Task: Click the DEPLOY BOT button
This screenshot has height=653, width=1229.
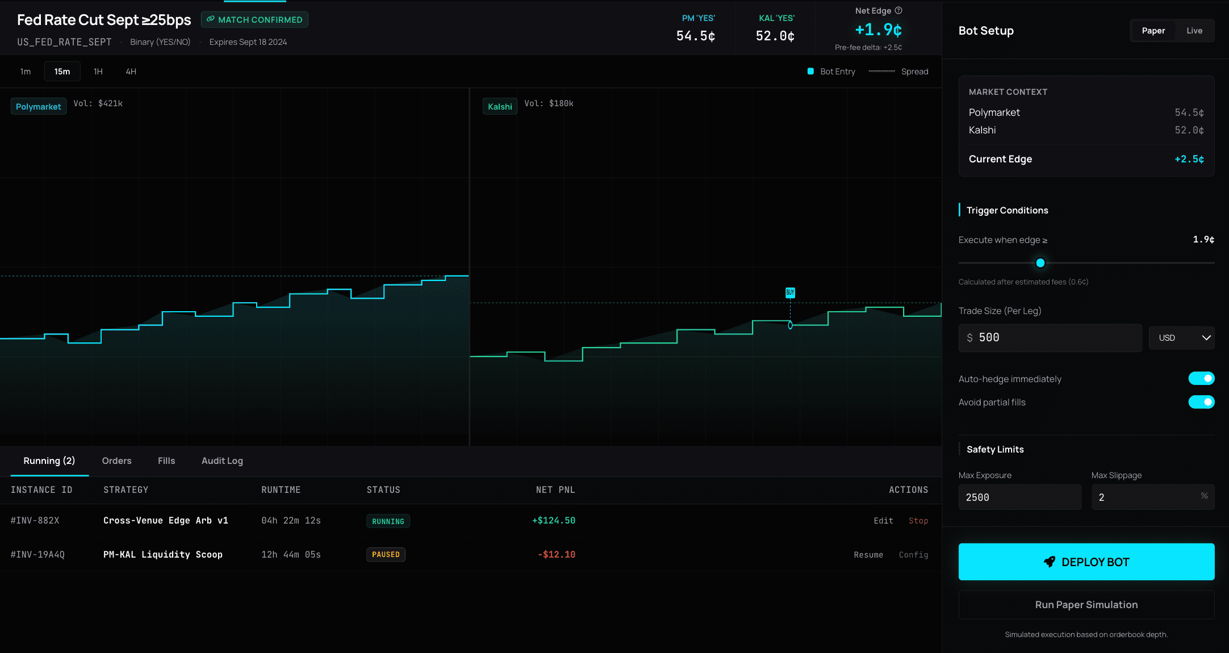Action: coord(1086,562)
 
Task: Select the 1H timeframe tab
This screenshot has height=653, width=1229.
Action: coord(98,72)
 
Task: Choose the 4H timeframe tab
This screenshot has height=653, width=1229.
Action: coord(131,72)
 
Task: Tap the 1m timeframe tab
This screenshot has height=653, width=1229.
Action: coord(26,72)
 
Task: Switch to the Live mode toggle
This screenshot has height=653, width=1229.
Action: coord(1194,31)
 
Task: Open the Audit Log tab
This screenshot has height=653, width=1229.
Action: coord(222,461)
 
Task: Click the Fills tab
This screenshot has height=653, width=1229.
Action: coord(166,461)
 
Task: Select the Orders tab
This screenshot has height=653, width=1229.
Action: coord(116,461)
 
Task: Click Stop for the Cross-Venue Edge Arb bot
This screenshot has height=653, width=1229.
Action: coord(918,521)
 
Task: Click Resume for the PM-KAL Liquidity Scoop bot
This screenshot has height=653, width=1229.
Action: coord(868,555)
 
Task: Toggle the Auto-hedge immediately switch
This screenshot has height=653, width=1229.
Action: coord(1201,379)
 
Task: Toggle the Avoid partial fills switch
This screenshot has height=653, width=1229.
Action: coord(1201,402)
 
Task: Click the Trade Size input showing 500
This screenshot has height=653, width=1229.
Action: coord(1050,338)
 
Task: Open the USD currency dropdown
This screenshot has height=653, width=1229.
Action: coord(1181,338)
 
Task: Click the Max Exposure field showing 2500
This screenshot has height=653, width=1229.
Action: coord(1019,497)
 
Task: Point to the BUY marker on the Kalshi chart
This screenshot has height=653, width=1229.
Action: coord(790,292)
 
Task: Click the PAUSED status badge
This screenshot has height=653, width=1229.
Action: coord(386,555)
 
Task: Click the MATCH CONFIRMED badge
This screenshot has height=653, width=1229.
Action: coord(254,20)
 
